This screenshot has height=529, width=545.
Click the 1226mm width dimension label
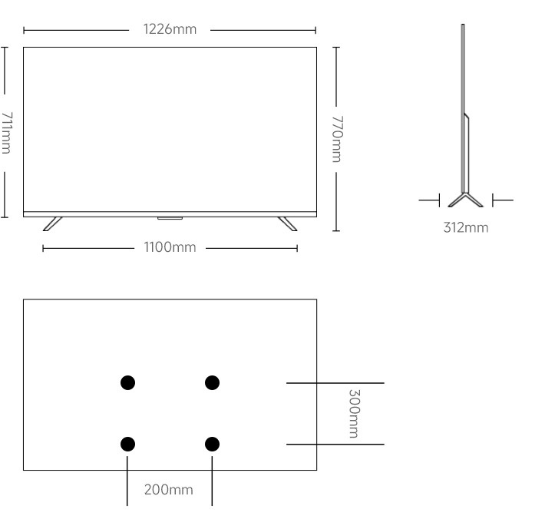(170, 30)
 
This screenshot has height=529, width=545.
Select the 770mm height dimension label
(336, 138)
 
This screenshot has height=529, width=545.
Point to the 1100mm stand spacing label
(170, 247)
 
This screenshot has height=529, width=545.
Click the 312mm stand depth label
(465, 227)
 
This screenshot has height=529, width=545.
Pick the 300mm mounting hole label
(353, 413)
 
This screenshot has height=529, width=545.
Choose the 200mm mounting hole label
(169, 489)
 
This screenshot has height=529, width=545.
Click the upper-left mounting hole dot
(128, 382)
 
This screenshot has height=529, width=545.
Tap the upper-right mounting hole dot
(212, 382)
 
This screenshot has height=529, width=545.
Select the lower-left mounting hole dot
(128, 443)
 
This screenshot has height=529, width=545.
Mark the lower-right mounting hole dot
(212, 443)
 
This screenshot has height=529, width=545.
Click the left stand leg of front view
(52, 223)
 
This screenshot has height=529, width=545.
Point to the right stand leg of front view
(287, 223)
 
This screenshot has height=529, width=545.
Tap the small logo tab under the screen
(170, 217)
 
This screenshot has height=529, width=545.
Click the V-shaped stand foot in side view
(465, 199)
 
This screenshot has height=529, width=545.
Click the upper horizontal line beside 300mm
(335, 382)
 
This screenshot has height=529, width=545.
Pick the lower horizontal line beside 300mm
(335, 444)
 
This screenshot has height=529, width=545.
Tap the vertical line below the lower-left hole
(127, 480)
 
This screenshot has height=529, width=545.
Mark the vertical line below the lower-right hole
(212, 480)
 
